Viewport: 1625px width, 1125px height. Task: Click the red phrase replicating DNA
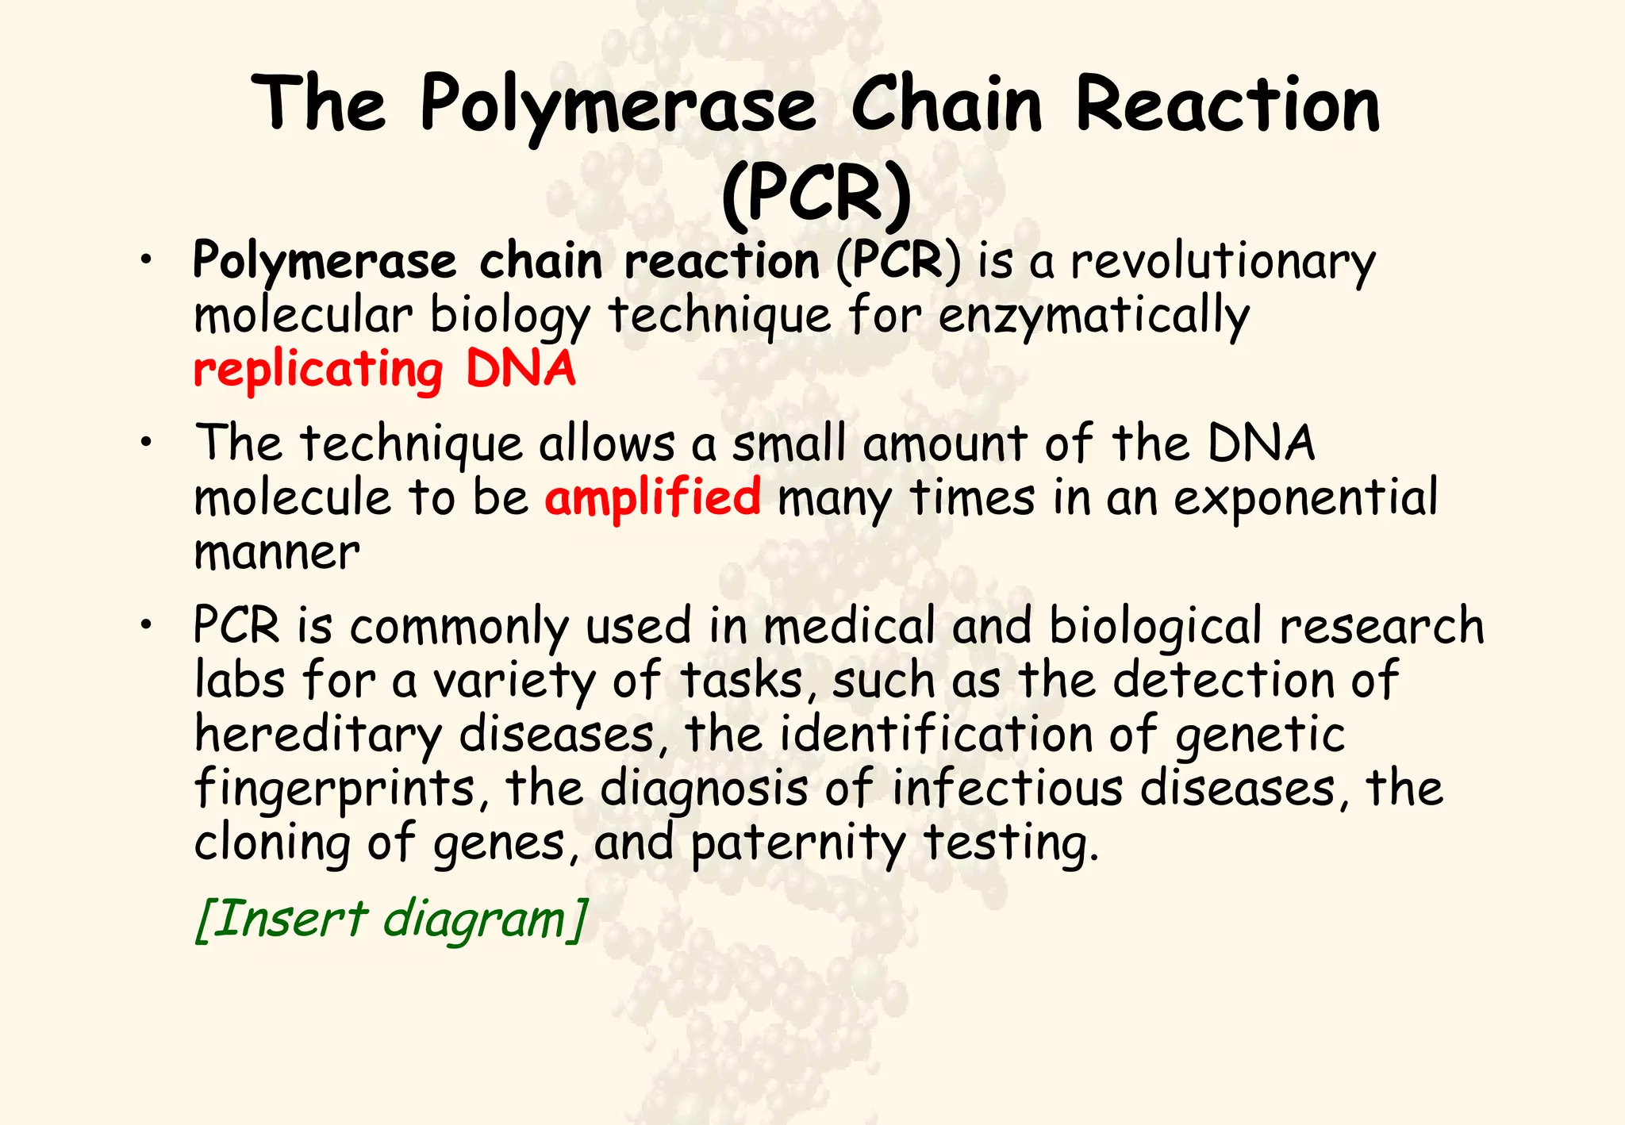pyautogui.click(x=384, y=370)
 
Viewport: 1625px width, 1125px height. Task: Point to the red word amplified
pyautogui.click(x=652, y=497)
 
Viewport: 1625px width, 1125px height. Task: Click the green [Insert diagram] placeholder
pyautogui.click(x=390, y=920)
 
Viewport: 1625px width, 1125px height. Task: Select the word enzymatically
pyautogui.click(x=1093, y=317)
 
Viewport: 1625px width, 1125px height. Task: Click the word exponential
pyautogui.click(x=1305, y=499)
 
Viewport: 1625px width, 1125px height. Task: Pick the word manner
pyautogui.click(x=276, y=553)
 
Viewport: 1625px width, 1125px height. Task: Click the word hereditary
pyautogui.click(x=317, y=735)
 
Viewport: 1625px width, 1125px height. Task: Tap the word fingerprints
pyautogui.click(x=335, y=789)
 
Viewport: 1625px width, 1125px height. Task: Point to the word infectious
pyautogui.click(x=1007, y=789)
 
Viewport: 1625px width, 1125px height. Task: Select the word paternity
pyautogui.click(x=797, y=843)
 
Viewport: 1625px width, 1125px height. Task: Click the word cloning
pyautogui.click(x=271, y=843)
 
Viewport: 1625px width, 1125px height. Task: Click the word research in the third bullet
pyautogui.click(x=1381, y=626)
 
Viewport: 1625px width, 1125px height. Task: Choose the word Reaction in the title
pyautogui.click(x=1227, y=106)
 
